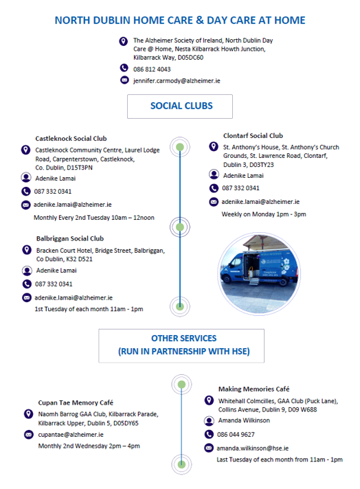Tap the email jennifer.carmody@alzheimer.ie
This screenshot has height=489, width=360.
177,81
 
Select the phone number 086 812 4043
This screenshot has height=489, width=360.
152,69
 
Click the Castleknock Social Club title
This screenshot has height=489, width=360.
71,139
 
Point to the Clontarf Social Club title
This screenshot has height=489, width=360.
253,136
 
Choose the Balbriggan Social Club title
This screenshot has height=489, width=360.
70,238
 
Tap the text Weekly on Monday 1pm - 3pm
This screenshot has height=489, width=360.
264,214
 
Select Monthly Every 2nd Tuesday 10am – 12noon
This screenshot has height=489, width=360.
94,218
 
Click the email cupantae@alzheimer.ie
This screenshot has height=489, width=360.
71,435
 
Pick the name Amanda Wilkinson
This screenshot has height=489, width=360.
244,420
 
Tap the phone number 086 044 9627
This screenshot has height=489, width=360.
236,435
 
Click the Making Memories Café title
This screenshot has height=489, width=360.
254,389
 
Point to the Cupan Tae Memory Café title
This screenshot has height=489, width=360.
76,402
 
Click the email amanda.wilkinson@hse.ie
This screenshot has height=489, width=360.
253,448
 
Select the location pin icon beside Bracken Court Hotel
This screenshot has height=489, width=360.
27,250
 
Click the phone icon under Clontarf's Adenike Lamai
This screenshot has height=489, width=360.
214,188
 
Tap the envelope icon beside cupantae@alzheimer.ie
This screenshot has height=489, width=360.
29,435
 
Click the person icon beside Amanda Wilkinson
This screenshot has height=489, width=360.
209,421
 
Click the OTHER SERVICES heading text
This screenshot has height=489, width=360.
183,345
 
